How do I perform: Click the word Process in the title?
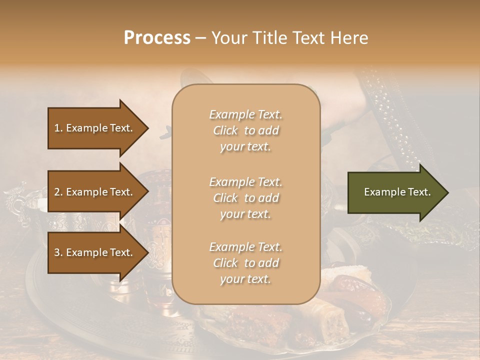pos(157,38)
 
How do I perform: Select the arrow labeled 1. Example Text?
pos(95,128)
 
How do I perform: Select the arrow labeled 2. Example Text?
pos(95,192)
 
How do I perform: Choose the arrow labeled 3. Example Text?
pos(95,252)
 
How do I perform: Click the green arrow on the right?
pos(395,192)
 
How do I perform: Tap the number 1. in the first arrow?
pos(58,128)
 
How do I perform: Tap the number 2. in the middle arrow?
pos(58,192)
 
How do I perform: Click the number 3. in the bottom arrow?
pos(58,252)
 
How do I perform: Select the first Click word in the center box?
pos(225,130)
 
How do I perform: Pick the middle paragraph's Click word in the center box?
pos(225,198)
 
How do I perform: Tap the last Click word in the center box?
pos(225,263)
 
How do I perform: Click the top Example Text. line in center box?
pos(245,114)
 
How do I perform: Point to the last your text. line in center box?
pos(245,279)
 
